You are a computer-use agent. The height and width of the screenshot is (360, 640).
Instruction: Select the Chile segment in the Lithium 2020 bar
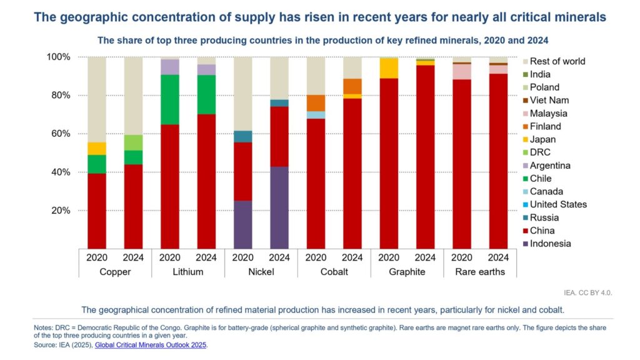click(169, 99)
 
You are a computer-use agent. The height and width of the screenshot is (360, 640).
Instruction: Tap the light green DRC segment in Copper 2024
click(132, 142)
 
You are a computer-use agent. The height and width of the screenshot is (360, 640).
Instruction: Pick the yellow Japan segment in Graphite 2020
click(388, 67)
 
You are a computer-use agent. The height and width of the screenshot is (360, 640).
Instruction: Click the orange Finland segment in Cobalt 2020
click(316, 103)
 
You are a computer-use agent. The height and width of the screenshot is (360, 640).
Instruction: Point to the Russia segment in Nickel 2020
click(242, 136)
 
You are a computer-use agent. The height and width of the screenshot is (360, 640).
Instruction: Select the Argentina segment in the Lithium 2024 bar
click(206, 69)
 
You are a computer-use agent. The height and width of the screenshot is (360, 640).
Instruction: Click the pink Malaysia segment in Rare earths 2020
click(462, 71)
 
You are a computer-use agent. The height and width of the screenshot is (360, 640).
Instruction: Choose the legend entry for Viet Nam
click(549, 100)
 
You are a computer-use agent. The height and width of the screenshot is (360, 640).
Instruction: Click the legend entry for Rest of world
click(557, 61)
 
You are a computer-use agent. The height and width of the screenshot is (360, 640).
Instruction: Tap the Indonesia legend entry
click(550, 244)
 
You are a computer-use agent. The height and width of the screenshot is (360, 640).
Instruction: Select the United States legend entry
click(558, 204)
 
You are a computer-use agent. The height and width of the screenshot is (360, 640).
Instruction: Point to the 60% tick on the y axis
click(61, 134)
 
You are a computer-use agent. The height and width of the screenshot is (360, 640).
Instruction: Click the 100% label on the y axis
click(59, 57)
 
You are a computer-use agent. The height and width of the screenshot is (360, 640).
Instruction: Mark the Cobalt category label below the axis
click(334, 272)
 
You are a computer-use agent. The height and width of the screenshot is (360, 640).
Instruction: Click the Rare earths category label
click(480, 272)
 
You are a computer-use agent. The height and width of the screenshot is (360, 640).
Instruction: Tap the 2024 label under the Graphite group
click(425, 257)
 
